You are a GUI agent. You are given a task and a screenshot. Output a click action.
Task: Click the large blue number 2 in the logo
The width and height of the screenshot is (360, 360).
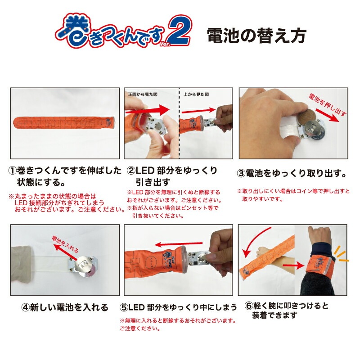[179, 31]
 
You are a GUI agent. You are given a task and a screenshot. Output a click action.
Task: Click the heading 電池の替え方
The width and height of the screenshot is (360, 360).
[256, 36]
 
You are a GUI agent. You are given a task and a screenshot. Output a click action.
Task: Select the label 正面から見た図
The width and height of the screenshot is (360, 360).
[143, 94]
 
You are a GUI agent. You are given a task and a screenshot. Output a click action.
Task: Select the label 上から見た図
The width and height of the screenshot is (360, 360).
[196, 94]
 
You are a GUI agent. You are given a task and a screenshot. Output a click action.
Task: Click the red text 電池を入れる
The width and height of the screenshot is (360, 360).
[65, 243]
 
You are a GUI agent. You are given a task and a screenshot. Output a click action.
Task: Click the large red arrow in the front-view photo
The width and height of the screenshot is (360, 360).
[148, 110]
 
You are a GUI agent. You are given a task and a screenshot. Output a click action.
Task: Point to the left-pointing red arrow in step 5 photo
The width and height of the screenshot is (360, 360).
[178, 244]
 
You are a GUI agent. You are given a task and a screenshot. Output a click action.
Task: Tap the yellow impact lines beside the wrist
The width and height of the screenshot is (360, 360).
[341, 254]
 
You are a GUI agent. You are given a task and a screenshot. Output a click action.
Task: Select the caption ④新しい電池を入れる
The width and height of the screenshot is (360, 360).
[65, 307]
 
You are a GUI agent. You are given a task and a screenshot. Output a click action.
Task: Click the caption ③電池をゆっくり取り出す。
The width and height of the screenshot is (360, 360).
[292, 174]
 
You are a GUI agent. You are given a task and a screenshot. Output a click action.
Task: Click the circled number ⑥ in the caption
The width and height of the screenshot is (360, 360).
[249, 306]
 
